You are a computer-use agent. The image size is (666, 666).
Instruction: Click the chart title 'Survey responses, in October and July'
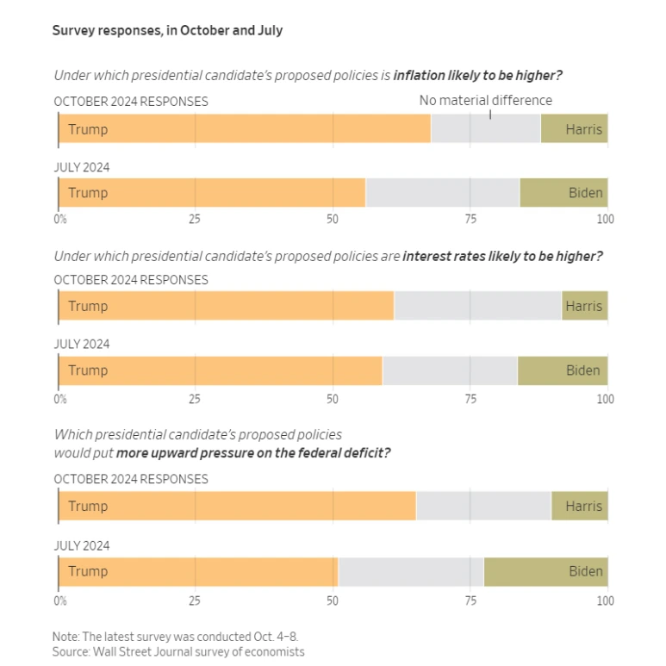click(167, 31)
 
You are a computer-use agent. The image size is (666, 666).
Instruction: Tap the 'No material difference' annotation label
click(485, 101)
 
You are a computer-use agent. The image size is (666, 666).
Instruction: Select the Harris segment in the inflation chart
click(575, 129)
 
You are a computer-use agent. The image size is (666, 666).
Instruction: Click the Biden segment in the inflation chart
click(564, 193)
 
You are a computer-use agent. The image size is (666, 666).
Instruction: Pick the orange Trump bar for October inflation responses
click(245, 129)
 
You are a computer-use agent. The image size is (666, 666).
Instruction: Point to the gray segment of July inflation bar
click(442, 193)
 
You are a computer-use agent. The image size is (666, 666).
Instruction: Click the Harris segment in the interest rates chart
click(584, 306)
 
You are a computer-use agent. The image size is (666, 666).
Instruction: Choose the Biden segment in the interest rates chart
click(563, 370)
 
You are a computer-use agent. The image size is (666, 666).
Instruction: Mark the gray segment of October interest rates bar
click(477, 306)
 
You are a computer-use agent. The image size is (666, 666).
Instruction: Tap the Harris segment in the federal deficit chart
click(580, 506)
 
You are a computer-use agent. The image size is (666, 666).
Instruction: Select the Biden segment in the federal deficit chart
click(546, 571)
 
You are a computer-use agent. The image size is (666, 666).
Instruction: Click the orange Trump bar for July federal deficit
click(198, 571)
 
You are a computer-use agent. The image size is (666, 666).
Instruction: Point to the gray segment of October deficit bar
click(483, 506)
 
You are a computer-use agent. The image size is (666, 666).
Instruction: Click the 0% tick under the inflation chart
click(60, 219)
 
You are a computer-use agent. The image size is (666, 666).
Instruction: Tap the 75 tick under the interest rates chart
click(470, 399)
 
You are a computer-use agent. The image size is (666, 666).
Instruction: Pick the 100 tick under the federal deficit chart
click(605, 601)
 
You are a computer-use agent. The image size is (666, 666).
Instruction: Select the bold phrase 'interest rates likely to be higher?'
click(502, 257)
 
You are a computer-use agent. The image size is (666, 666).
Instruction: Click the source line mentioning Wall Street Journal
click(178, 651)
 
